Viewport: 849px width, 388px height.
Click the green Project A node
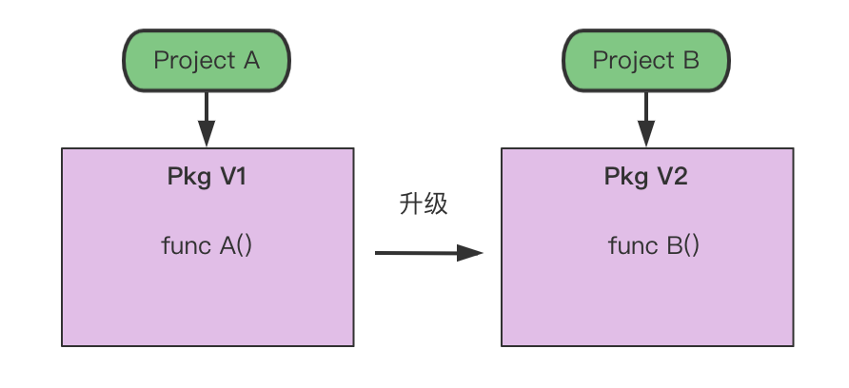click(207, 60)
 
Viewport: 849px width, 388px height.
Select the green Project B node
click(645, 60)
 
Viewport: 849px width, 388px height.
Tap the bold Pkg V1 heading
click(207, 177)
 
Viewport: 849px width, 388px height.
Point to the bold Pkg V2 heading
click(645, 177)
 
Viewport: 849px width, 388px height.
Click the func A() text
click(207, 245)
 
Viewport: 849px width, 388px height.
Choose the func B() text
click(653, 245)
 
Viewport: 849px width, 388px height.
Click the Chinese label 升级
click(424, 204)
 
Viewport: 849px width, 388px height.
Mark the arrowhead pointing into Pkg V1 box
click(207, 136)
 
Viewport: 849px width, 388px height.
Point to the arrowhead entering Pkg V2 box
click(646, 136)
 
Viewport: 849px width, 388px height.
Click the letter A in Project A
click(251, 60)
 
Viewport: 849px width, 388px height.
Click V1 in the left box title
click(232, 177)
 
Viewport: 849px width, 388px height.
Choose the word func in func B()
click(632, 245)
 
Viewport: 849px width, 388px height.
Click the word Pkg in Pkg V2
click(624, 177)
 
